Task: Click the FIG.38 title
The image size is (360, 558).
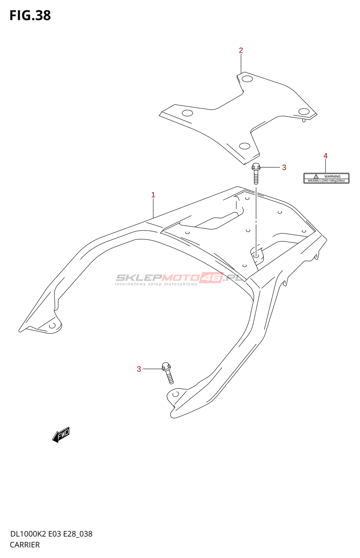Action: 30,16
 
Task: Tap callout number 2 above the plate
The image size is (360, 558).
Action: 241,51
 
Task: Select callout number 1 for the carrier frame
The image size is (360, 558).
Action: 153,195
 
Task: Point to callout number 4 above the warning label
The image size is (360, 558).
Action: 325,156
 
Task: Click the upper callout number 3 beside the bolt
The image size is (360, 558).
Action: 284,168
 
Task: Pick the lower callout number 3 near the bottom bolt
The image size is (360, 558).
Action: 139,369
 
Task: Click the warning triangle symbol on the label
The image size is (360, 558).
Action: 316,176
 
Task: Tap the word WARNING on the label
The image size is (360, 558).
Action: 332,176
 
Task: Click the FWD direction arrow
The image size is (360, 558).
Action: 61,435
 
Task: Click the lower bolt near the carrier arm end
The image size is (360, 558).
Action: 168,373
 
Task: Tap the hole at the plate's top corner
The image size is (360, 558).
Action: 247,78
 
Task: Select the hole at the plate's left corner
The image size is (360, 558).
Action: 187,113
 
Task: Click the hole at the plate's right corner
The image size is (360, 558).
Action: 304,112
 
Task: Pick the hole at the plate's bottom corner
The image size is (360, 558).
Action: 245,146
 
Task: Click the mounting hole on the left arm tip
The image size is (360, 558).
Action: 52,326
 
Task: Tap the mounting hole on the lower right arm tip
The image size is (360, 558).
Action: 176,394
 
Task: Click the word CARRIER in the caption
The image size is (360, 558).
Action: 25,545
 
